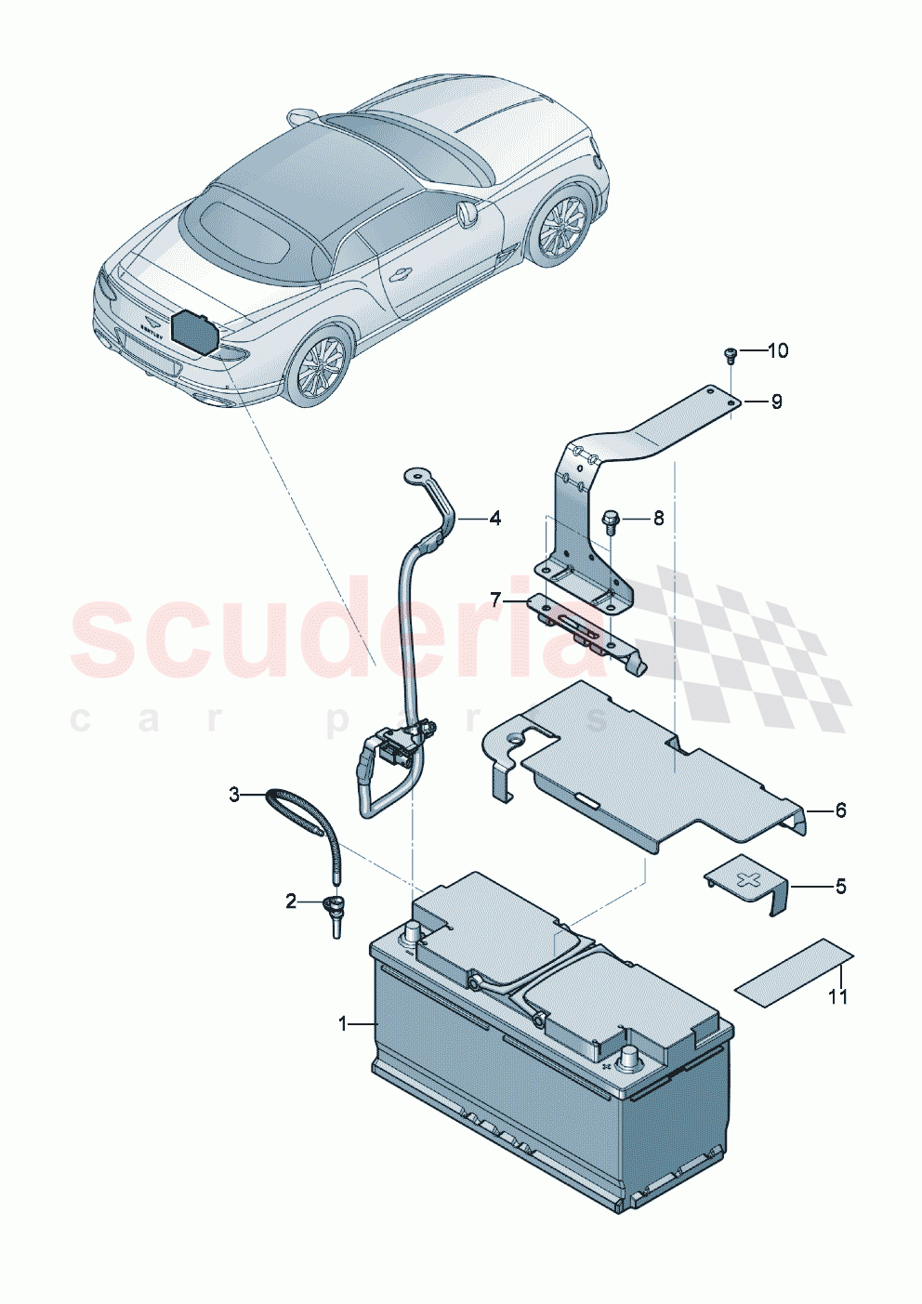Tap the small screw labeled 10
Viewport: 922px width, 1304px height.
pyautogui.click(x=729, y=352)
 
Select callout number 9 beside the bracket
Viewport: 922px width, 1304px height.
pyautogui.click(x=776, y=402)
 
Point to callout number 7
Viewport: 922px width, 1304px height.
pyautogui.click(x=495, y=600)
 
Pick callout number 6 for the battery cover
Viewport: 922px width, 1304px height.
pyautogui.click(x=840, y=810)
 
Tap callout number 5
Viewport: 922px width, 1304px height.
pyautogui.click(x=840, y=887)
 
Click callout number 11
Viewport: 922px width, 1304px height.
pyautogui.click(x=838, y=997)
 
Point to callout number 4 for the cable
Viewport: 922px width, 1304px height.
pyautogui.click(x=494, y=519)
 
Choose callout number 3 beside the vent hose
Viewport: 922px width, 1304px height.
pyautogui.click(x=235, y=795)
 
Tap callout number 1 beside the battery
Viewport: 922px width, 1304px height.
pyautogui.click(x=343, y=1023)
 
